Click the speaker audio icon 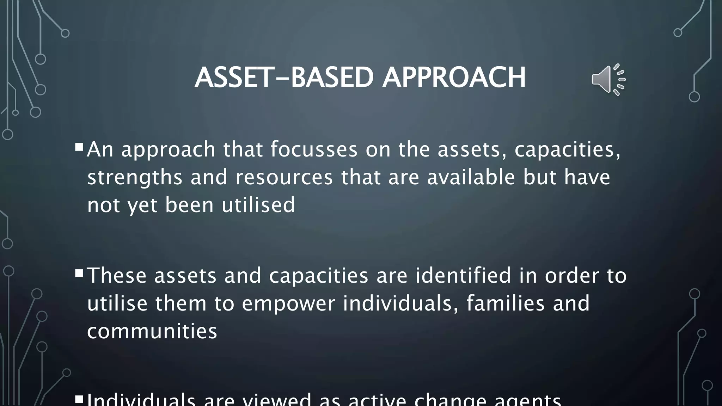[607, 79]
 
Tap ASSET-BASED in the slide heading [284, 78]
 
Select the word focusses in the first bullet [314, 149]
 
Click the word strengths [135, 178]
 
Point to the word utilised [258, 205]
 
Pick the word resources [284, 177]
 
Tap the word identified [463, 275]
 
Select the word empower [288, 304]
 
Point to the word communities [152, 331]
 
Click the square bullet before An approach [79, 146]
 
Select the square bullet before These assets [79, 273]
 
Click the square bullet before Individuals [79, 399]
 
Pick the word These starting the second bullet [117, 276]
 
